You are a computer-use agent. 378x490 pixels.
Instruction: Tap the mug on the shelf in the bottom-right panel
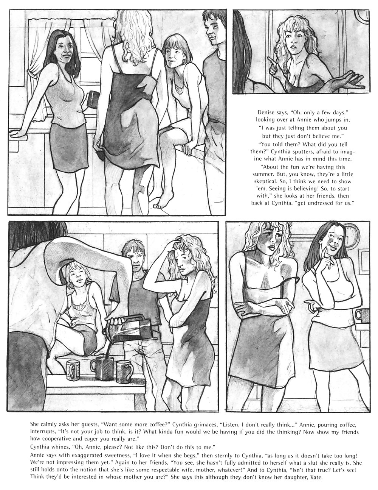(362, 316)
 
